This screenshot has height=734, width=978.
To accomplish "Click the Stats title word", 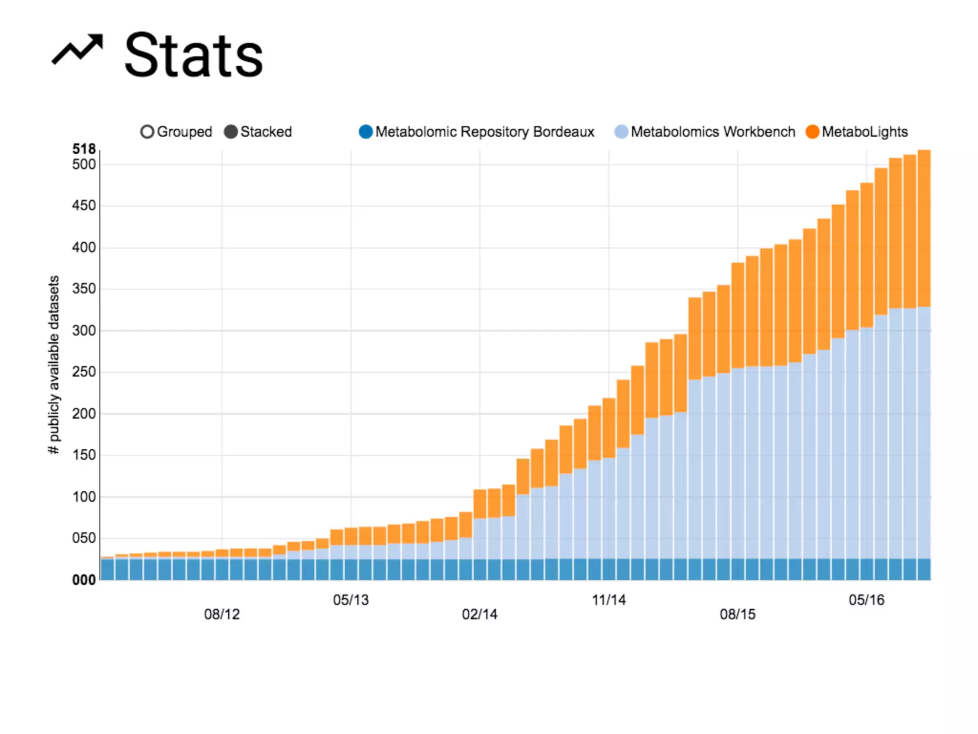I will point(193,55).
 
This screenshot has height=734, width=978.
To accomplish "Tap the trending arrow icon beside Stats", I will point(77,49).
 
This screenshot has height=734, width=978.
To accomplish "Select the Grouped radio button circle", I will point(147,132).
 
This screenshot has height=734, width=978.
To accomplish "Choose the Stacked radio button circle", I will point(231,132).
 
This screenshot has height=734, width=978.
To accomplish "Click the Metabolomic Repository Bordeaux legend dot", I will point(366,132).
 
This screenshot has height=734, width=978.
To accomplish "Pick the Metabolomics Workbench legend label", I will point(712,132).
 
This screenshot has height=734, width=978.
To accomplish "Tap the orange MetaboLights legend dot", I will point(812,132).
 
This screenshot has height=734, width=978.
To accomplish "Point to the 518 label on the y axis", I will point(84,149).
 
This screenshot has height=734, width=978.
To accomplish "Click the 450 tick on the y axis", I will point(84,205).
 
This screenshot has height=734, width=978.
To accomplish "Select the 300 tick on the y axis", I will point(84,331).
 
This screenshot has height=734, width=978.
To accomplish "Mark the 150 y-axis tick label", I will point(84,455).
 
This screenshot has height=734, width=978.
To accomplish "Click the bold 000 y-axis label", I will point(84,580).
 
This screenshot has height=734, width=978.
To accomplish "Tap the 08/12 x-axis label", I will point(222,615).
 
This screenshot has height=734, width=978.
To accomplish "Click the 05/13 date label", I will point(351,600).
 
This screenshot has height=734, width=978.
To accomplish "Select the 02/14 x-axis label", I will point(479,615).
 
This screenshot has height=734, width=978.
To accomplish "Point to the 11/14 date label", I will point(608,600).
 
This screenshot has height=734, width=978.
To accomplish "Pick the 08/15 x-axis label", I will point(737,615).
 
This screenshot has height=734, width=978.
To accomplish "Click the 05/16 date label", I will point(866,600).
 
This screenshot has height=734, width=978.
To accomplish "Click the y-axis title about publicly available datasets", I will point(54,365).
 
